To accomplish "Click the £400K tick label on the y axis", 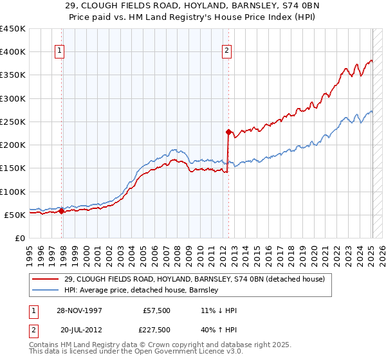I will pyautogui.click(x=13, y=52).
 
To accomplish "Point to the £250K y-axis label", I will pyautogui.click(x=13, y=122).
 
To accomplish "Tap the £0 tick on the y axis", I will pyautogui.click(x=21, y=238).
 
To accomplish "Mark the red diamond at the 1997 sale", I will pyautogui.click(x=62, y=211).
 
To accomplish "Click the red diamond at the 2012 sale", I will pyautogui.click(x=228, y=132).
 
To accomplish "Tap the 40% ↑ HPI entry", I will pyautogui.click(x=219, y=330).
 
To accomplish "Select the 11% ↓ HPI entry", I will pyautogui.click(x=219, y=310).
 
